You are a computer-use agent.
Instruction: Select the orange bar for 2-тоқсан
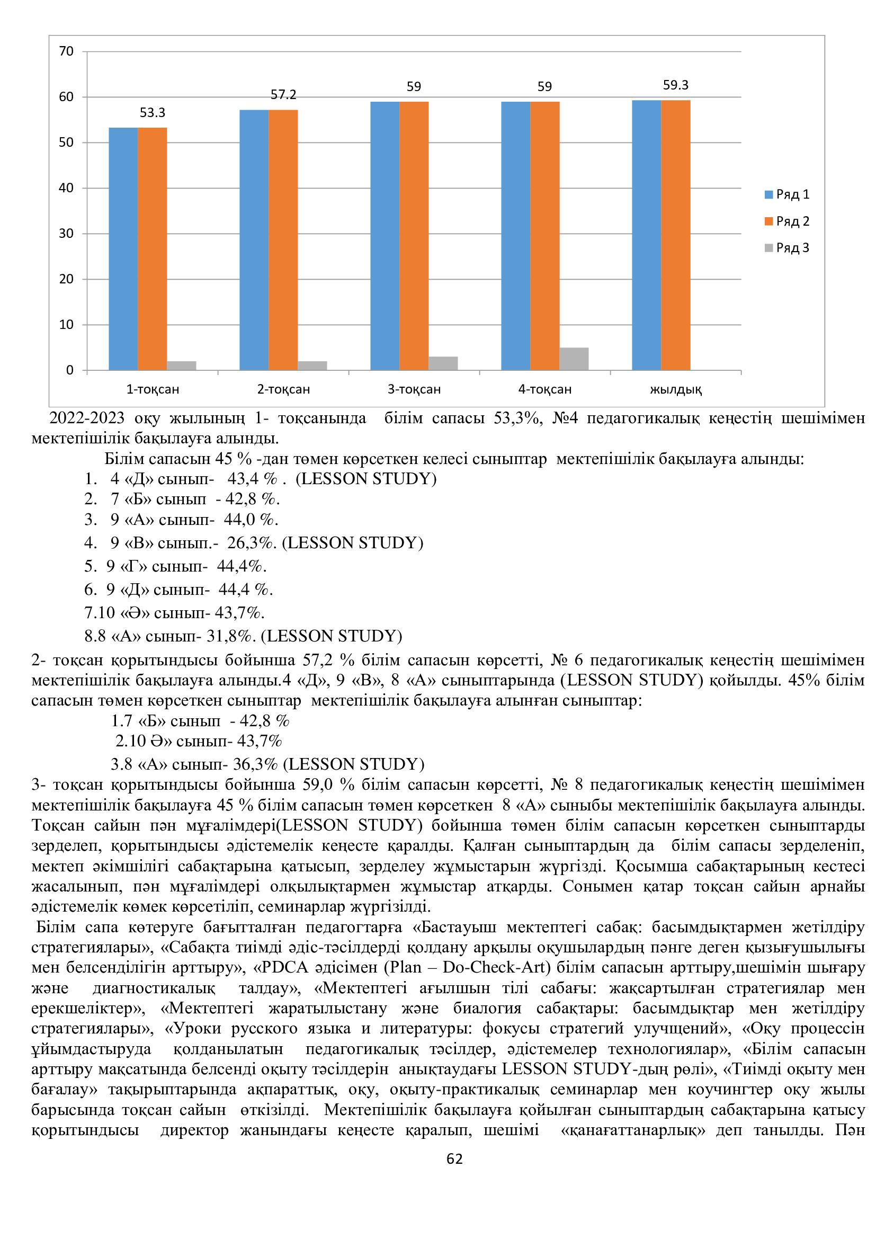tap(283, 239)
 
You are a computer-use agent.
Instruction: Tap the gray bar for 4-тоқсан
tap(574, 359)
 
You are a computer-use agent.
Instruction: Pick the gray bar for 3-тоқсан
tap(443, 363)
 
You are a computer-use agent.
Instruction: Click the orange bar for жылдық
tap(676, 235)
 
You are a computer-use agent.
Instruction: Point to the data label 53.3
tap(152, 113)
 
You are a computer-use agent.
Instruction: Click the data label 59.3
tap(676, 85)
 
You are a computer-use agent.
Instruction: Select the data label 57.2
tap(283, 95)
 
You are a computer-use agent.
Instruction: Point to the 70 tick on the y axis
tap(66, 51)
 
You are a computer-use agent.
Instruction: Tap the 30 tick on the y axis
tap(66, 234)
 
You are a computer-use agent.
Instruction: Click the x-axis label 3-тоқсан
tap(414, 389)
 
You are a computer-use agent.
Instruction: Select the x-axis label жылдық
tap(676, 389)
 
